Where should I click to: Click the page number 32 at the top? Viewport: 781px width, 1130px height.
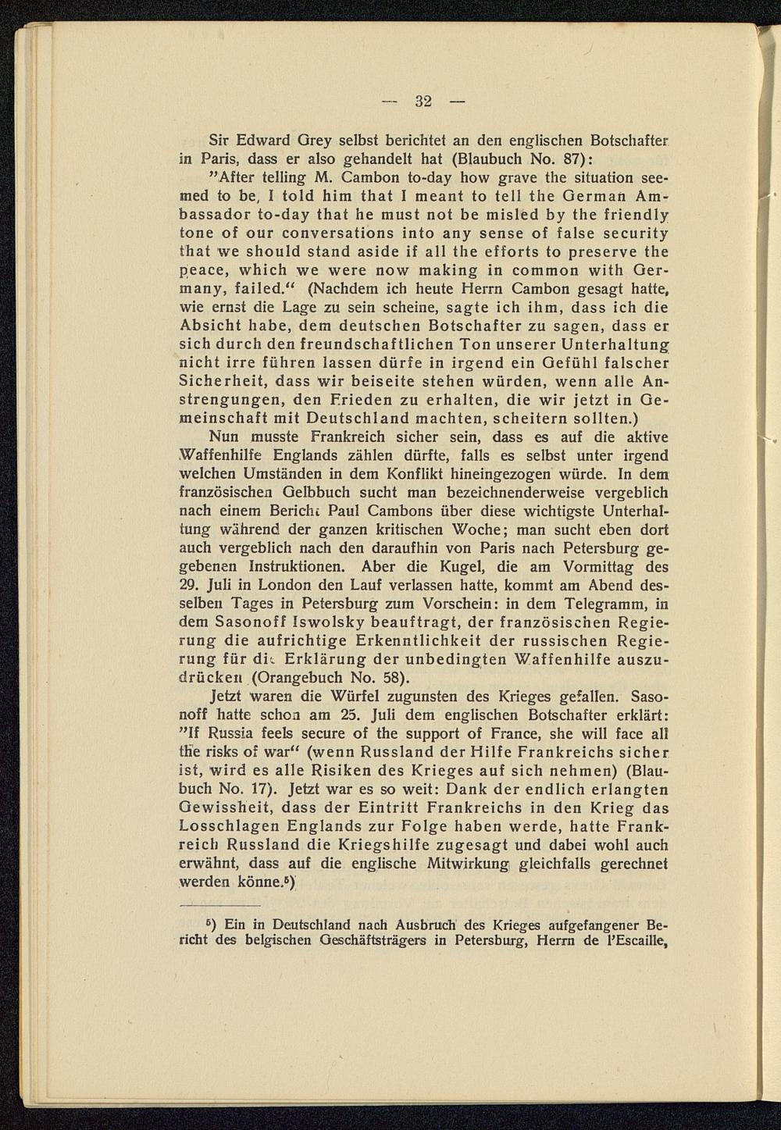click(423, 101)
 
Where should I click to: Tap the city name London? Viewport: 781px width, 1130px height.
click(287, 584)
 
